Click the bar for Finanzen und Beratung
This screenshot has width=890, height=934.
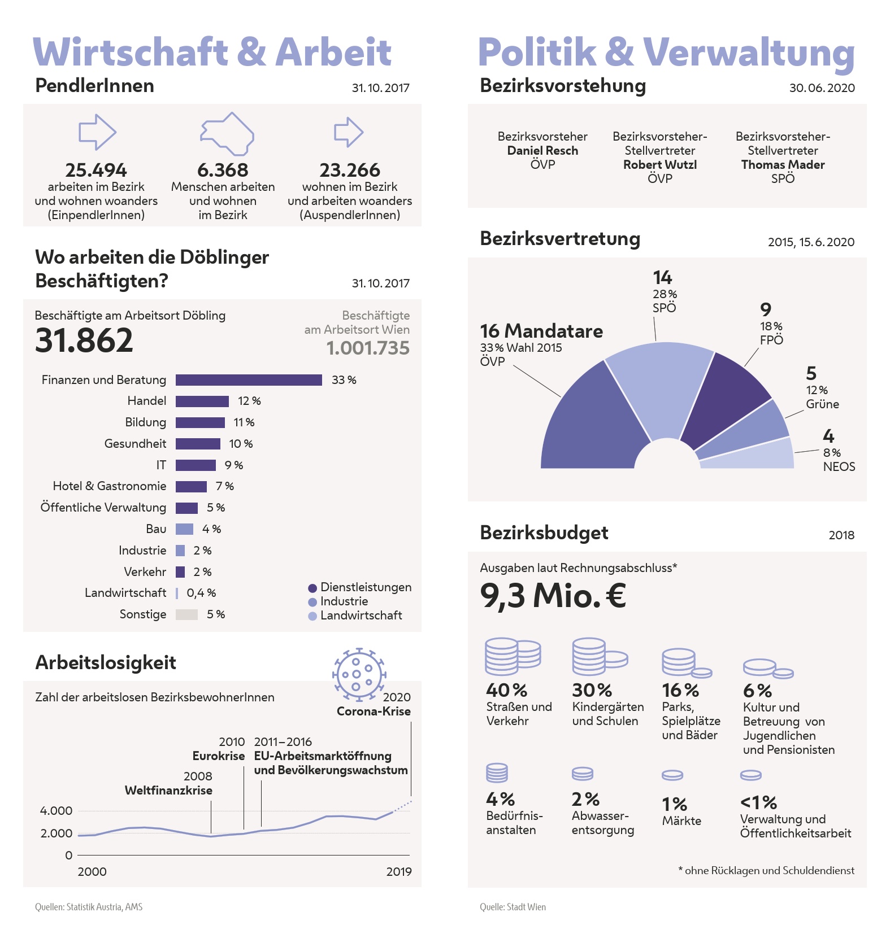pos(249,380)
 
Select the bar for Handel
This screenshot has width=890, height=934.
pos(202,401)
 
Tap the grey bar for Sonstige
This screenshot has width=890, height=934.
pos(186,614)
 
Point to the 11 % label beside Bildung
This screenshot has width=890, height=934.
pos(244,422)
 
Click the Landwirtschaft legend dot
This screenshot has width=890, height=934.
pos(312,616)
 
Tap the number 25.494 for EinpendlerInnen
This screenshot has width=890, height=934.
pos(96,170)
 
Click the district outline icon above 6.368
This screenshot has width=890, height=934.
pos(227,134)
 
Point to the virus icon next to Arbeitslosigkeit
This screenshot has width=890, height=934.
pos(358,674)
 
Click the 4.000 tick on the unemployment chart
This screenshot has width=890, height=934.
pos(56,811)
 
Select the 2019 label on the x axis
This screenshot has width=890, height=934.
pos(399,871)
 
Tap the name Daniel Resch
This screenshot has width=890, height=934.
pos(542,151)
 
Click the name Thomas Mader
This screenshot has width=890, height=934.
pos(783,165)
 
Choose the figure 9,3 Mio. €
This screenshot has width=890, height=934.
pos(553,596)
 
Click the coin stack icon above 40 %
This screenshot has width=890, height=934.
pos(512,656)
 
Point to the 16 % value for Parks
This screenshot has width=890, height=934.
pos(680,690)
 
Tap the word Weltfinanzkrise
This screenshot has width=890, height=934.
pos(168,791)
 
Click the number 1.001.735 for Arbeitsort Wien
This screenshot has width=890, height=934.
pos(368,348)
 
